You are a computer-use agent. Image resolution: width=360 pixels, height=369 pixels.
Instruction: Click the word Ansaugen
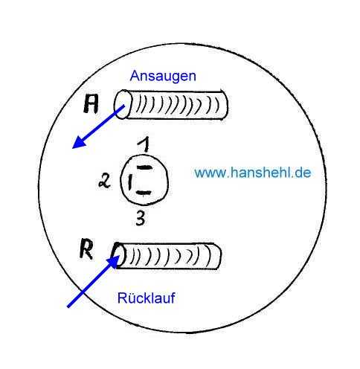163,77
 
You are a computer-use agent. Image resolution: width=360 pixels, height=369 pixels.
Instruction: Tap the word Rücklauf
147,298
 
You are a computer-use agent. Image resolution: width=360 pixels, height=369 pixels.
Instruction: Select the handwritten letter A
91,104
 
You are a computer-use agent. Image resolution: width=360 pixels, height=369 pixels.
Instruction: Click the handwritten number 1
144,145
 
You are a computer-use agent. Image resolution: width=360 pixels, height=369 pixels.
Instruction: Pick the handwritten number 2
105,181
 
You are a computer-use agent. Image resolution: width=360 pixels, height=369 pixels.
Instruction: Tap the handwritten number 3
141,218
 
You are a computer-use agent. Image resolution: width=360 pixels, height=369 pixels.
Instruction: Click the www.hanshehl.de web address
252,173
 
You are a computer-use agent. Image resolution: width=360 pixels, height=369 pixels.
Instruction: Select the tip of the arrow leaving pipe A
72,148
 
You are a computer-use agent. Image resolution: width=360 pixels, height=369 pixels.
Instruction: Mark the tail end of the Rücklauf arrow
68,307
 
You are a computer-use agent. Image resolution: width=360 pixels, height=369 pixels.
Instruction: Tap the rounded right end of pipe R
216,257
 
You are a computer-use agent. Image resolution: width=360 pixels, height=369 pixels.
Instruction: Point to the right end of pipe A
225,105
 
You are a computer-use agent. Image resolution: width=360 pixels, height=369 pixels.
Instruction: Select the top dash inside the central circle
144,167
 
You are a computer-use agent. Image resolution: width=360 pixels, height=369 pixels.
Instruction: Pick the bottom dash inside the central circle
144,193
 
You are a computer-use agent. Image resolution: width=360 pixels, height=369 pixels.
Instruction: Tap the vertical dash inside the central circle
129,182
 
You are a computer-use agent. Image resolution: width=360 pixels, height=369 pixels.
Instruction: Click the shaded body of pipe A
177,105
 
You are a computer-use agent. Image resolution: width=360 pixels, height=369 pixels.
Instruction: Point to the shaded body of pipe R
171,257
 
